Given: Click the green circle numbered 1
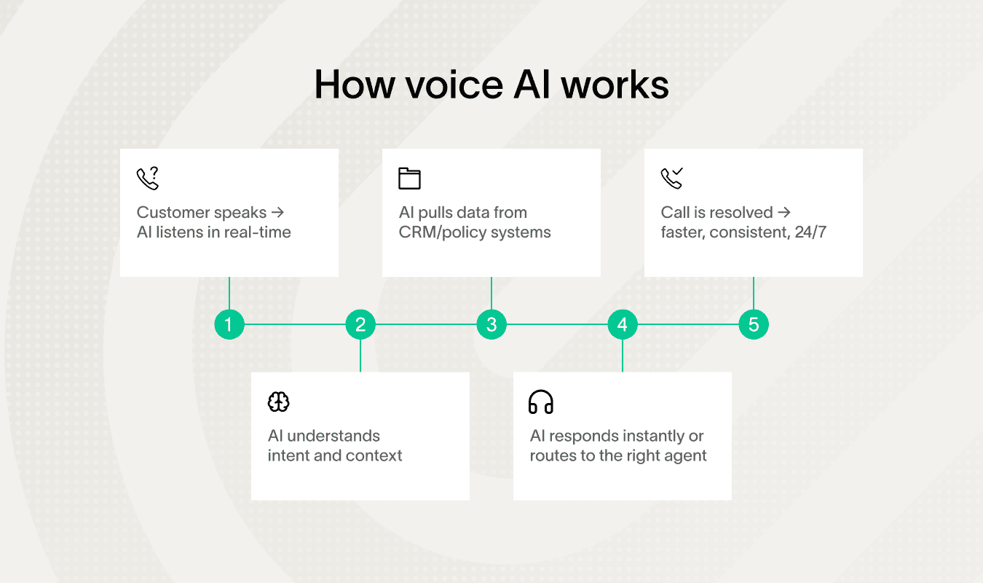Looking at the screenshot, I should (x=229, y=324).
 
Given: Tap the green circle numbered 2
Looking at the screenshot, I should (x=360, y=324).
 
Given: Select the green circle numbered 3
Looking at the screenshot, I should (x=491, y=324).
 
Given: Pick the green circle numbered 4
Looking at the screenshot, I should (x=623, y=324).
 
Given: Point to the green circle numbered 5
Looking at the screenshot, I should (x=754, y=324).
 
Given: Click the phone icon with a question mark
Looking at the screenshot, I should (x=148, y=179).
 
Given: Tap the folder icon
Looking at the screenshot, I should (x=410, y=179).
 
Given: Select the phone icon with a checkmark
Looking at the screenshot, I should (x=672, y=179).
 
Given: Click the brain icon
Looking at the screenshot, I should (x=279, y=402).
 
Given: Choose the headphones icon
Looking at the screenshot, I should (x=541, y=402).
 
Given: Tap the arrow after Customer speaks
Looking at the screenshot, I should (x=277, y=213).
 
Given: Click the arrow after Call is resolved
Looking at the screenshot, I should (x=783, y=213).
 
